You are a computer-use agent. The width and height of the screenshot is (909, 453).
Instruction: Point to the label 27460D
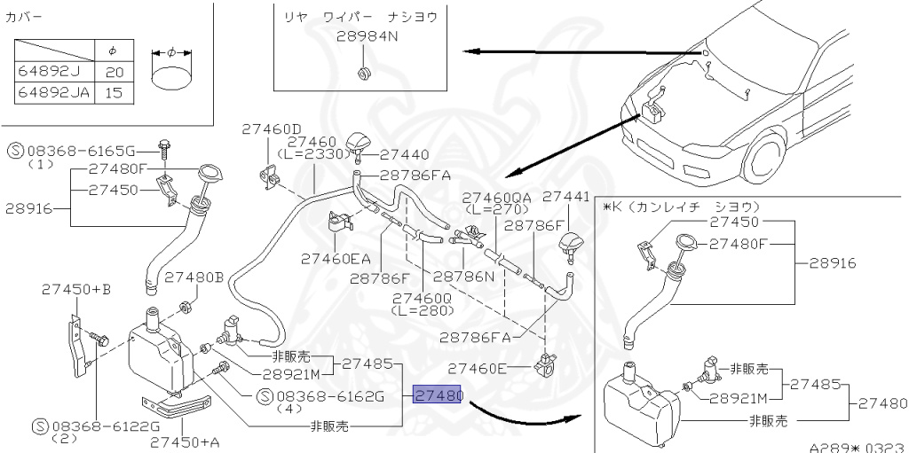272,129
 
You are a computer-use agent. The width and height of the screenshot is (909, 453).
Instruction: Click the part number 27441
565,197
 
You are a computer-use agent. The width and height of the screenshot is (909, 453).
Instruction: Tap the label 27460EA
336,259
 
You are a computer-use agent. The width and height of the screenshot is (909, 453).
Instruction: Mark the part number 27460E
478,368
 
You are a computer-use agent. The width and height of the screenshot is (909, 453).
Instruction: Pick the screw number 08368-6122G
92,426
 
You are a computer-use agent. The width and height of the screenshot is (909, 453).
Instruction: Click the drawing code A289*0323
856,448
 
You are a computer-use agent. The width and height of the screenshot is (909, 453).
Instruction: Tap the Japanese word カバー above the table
24,17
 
